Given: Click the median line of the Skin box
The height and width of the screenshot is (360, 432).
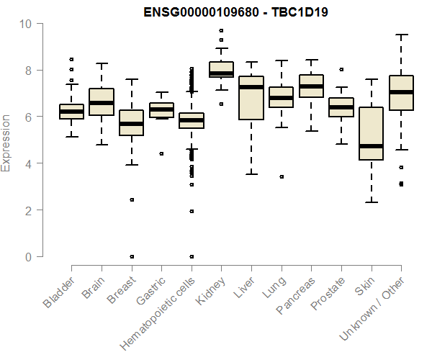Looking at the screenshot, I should tap(371, 146).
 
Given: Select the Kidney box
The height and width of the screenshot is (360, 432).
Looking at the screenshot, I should tap(221, 69).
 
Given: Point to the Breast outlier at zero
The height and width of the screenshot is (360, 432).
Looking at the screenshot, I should tap(131, 256).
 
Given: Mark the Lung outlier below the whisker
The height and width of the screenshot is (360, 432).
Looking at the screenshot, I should tap(282, 176).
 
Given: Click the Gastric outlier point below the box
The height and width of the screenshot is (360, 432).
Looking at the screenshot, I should tap(161, 153).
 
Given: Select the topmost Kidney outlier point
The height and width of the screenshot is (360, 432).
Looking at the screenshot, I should tap(221, 31).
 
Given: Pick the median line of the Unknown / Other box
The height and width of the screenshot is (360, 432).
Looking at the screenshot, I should tap(401, 92).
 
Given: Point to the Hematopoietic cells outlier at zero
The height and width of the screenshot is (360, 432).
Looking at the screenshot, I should tap(192, 256).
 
